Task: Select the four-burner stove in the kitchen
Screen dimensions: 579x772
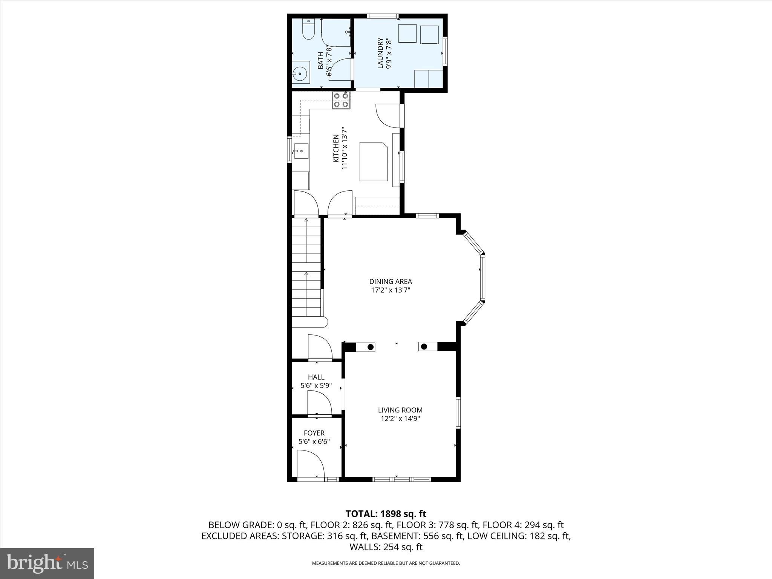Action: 341,100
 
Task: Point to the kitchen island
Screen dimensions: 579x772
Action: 373,161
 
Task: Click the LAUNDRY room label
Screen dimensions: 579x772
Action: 380,53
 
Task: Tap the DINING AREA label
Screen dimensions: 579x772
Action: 390,281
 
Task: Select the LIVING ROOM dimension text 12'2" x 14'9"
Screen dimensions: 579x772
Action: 400,418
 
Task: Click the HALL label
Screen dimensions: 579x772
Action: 316,377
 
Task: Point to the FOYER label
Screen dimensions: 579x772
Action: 314,433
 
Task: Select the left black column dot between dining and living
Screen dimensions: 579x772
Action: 371,347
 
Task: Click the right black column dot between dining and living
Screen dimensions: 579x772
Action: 424,347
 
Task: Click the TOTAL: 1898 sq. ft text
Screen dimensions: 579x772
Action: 386,513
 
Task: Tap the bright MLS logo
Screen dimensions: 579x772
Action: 47,563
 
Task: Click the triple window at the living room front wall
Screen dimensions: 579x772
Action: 401,479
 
